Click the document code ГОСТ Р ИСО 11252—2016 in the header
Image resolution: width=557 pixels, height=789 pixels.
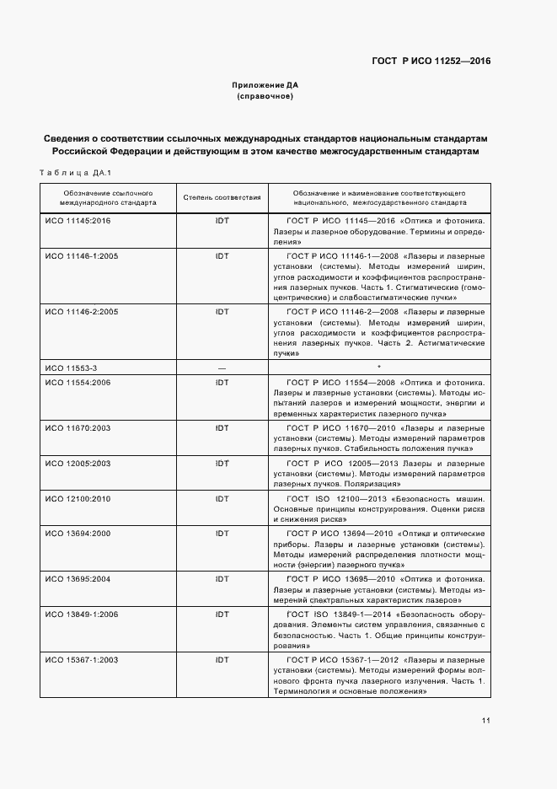click(x=431, y=61)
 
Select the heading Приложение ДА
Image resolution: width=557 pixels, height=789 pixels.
click(x=265, y=85)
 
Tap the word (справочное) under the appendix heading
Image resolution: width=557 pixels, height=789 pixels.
click(x=265, y=97)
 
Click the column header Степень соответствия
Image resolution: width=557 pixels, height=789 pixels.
click(x=222, y=198)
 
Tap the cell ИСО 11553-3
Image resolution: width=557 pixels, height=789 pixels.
click(x=71, y=368)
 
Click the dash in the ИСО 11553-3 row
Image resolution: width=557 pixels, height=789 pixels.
click(x=222, y=368)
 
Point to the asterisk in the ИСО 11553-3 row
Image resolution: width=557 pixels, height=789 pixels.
click(x=380, y=368)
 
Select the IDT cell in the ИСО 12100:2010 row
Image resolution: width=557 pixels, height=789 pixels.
click(x=222, y=498)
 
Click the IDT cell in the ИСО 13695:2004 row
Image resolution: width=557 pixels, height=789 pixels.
click(x=222, y=580)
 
